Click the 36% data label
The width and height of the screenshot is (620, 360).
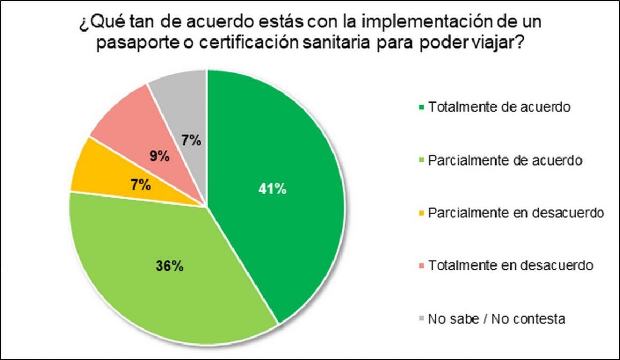pyautogui.click(x=170, y=266)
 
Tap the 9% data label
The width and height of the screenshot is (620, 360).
pyautogui.click(x=159, y=156)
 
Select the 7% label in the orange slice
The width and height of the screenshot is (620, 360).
pyautogui.click(x=140, y=186)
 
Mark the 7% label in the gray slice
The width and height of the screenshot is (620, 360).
pyautogui.click(x=191, y=141)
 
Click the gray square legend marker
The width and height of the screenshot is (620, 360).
pyautogui.click(x=421, y=319)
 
